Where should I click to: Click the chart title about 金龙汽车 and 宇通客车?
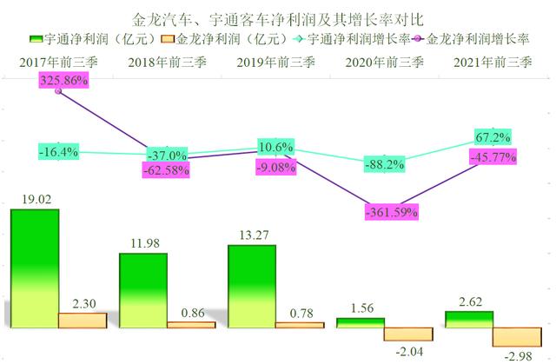click(x=276, y=17)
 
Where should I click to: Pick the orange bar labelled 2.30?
click(x=83, y=321)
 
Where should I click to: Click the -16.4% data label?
click(x=59, y=152)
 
